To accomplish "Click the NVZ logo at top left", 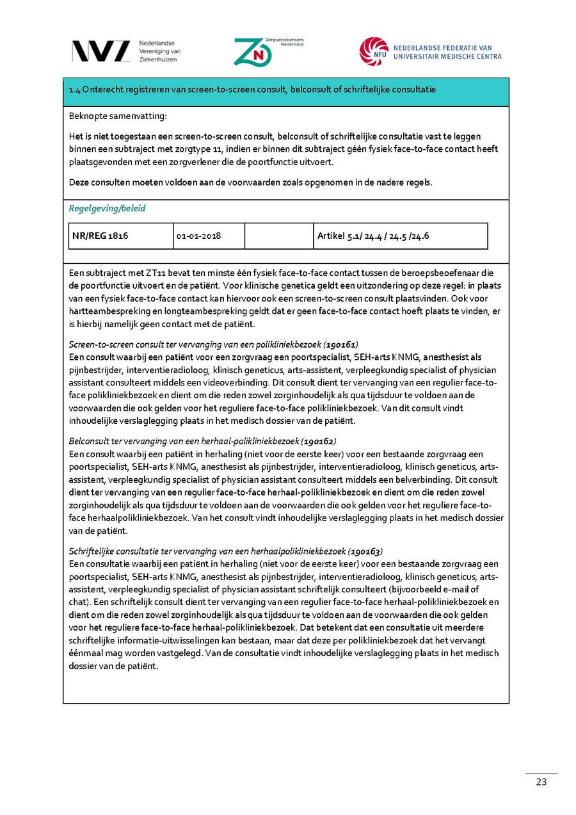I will click(x=101, y=51).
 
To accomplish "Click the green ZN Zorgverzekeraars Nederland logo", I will click(x=253, y=52).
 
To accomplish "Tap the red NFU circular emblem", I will click(x=373, y=51).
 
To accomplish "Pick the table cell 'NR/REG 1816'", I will click(x=100, y=236).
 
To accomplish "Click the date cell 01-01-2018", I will click(x=199, y=236).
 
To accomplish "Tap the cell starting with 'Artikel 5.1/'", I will click(x=373, y=236).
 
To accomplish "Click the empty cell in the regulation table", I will click(x=278, y=236).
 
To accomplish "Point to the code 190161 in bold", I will click(x=342, y=344).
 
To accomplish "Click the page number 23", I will click(x=541, y=782).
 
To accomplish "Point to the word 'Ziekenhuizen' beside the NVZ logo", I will click(x=158, y=60).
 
